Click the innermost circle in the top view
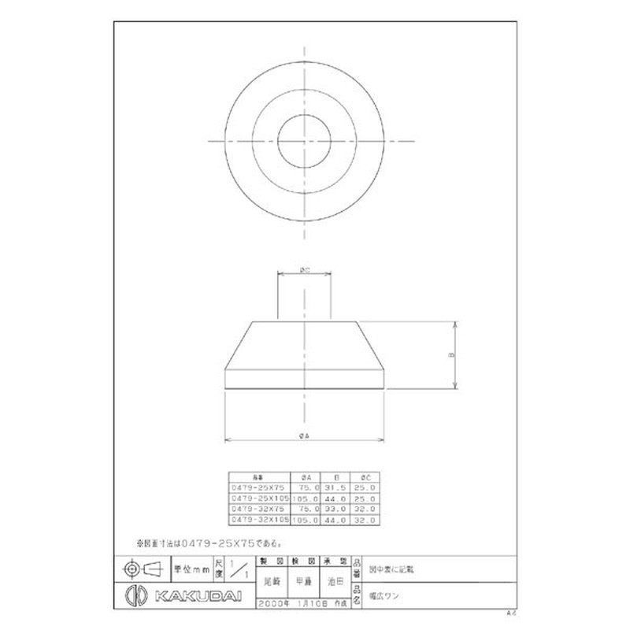click(304, 141)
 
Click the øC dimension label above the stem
click(304, 269)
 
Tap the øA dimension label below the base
click(304, 435)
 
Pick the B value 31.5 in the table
click(335, 487)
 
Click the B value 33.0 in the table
click(335, 510)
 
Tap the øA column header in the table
click(306, 476)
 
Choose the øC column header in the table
click(366, 476)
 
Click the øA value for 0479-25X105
click(306, 498)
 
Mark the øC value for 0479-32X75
click(366, 510)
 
